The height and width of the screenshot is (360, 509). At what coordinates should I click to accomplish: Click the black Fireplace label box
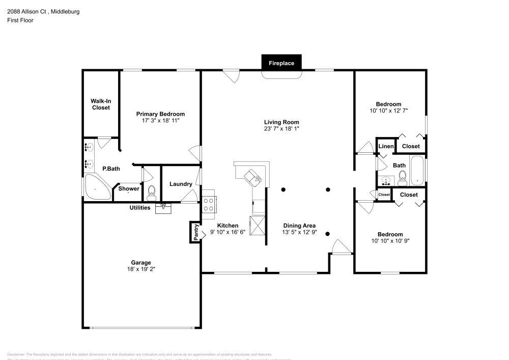coord(281,63)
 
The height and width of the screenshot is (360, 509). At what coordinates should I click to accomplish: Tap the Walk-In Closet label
coord(101,104)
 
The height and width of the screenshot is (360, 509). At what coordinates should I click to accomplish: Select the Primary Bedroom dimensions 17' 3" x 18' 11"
coord(160,121)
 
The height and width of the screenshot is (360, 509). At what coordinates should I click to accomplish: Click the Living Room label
coord(281,122)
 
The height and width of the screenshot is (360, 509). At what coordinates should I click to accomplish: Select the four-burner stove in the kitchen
coord(209,204)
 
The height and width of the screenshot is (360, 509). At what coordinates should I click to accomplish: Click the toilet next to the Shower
coord(151,191)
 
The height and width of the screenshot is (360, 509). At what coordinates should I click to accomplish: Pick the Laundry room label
coord(180,184)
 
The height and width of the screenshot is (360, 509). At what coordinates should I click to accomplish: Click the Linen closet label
coord(386,147)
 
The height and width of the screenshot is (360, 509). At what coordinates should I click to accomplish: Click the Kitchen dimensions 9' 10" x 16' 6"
coord(228,232)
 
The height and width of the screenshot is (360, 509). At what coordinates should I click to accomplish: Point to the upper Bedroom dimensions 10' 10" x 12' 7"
coord(388,110)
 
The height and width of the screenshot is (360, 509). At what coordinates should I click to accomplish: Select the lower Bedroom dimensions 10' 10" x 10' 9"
coord(390,241)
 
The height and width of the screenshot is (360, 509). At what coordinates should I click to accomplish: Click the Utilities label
coord(139,208)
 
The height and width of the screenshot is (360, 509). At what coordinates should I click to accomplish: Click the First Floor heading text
coord(20,20)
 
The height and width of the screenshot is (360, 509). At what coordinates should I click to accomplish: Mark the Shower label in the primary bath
coord(129,189)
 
